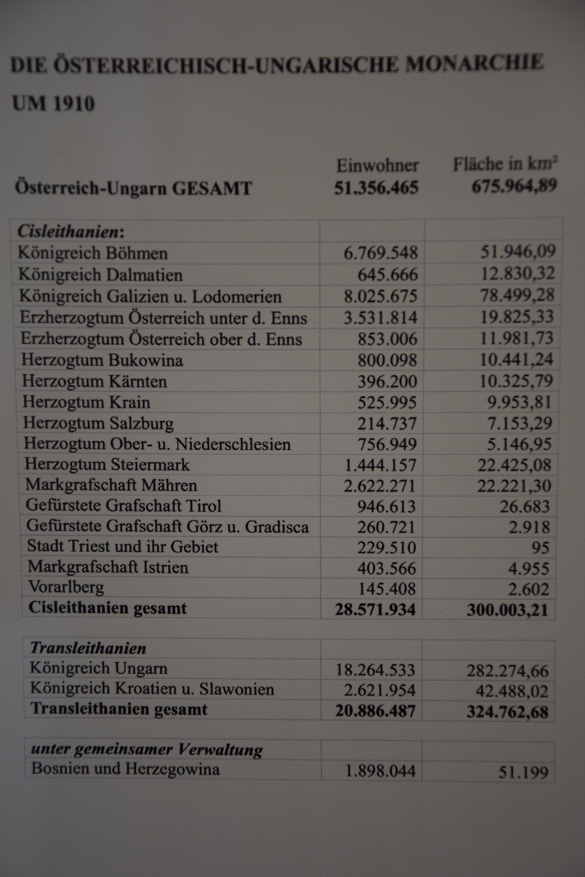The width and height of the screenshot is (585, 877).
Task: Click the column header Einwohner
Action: click(377, 165)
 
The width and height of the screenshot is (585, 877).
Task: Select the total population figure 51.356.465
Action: click(377, 188)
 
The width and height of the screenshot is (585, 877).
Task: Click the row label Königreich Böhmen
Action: click(93, 254)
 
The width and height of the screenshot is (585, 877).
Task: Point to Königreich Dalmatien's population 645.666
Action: click(388, 275)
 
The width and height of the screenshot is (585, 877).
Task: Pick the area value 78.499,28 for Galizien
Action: click(517, 295)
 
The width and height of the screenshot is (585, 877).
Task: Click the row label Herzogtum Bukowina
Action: click(102, 360)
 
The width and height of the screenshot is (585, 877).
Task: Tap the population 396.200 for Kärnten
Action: click(388, 381)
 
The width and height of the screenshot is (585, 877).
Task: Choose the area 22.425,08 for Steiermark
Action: click(517, 464)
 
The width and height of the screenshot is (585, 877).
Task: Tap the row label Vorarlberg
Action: click(66, 587)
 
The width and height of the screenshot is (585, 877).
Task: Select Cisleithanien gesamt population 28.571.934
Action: click(377, 609)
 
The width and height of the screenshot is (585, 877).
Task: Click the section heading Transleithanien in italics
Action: click(88, 648)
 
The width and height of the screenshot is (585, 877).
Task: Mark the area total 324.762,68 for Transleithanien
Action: click(507, 710)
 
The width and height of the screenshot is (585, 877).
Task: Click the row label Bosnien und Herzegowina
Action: click(125, 770)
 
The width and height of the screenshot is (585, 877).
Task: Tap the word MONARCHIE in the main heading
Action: click(475, 64)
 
